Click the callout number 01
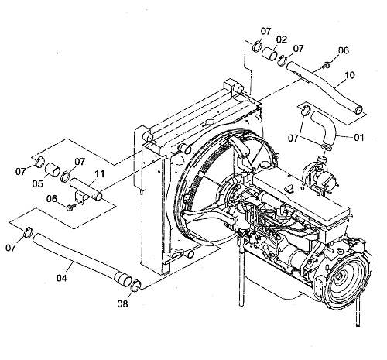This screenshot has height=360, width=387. pyautogui.click(x=358, y=138)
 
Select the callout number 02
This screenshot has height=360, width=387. pyautogui.click(x=282, y=39)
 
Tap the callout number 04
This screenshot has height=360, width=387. pyautogui.click(x=62, y=278)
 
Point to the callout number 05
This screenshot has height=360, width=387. pyautogui.click(x=37, y=183)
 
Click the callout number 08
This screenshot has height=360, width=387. pyautogui.click(x=122, y=304)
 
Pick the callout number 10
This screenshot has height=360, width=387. pyautogui.click(x=350, y=75)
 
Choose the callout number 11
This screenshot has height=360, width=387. pyautogui.click(x=100, y=174)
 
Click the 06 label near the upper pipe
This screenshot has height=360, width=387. pyautogui.click(x=344, y=50)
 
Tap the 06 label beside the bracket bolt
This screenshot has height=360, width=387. pyautogui.click(x=52, y=199)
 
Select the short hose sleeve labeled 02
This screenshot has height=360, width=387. pyautogui.click(x=269, y=54)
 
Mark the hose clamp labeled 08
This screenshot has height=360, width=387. pyautogui.click(x=136, y=286)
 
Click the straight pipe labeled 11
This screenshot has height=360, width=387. pyautogui.click(x=86, y=190)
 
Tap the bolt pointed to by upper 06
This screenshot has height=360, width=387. pyautogui.click(x=327, y=65)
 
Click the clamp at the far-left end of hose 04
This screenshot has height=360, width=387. pyautogui.click(x=28, y=232)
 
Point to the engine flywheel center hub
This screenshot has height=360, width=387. pyautogui.click(x=338, y=277)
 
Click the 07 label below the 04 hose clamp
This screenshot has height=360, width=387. pyautogui.click(x=11, y=248)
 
